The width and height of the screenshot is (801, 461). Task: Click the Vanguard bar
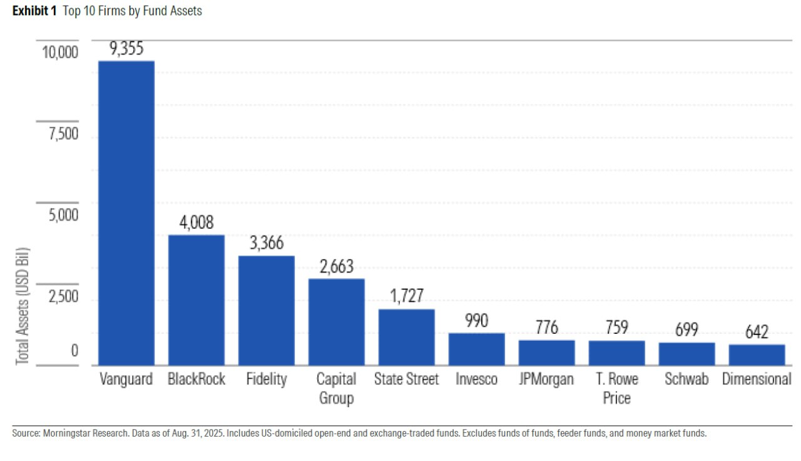126,213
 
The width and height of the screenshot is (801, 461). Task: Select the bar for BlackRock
196,300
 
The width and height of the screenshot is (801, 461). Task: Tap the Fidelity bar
267,311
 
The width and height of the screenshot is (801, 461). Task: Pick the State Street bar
407,337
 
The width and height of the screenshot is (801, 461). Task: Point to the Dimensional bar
757,355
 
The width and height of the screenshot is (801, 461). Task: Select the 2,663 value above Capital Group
337,267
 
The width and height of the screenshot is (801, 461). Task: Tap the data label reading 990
477,321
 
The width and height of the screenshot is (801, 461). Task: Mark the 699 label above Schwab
687,329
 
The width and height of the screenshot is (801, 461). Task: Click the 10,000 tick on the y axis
60,52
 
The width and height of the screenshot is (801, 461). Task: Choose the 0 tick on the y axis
74,351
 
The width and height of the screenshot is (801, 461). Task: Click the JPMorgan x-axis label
547,380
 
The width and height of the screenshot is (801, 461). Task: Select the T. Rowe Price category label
617,388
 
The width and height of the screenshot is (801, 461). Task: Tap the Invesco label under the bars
477,380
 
